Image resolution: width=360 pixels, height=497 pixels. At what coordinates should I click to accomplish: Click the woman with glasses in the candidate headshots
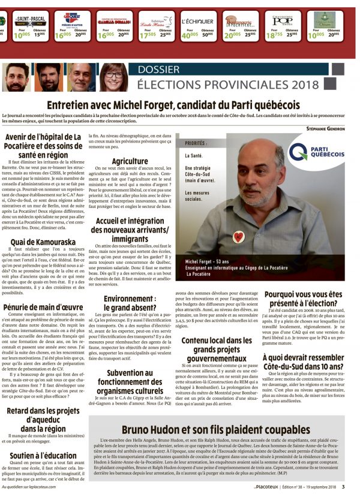pyautogui.click(x=112, y=77)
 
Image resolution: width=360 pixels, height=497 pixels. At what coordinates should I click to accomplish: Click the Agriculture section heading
pyautogui.click(x=130, y=161)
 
